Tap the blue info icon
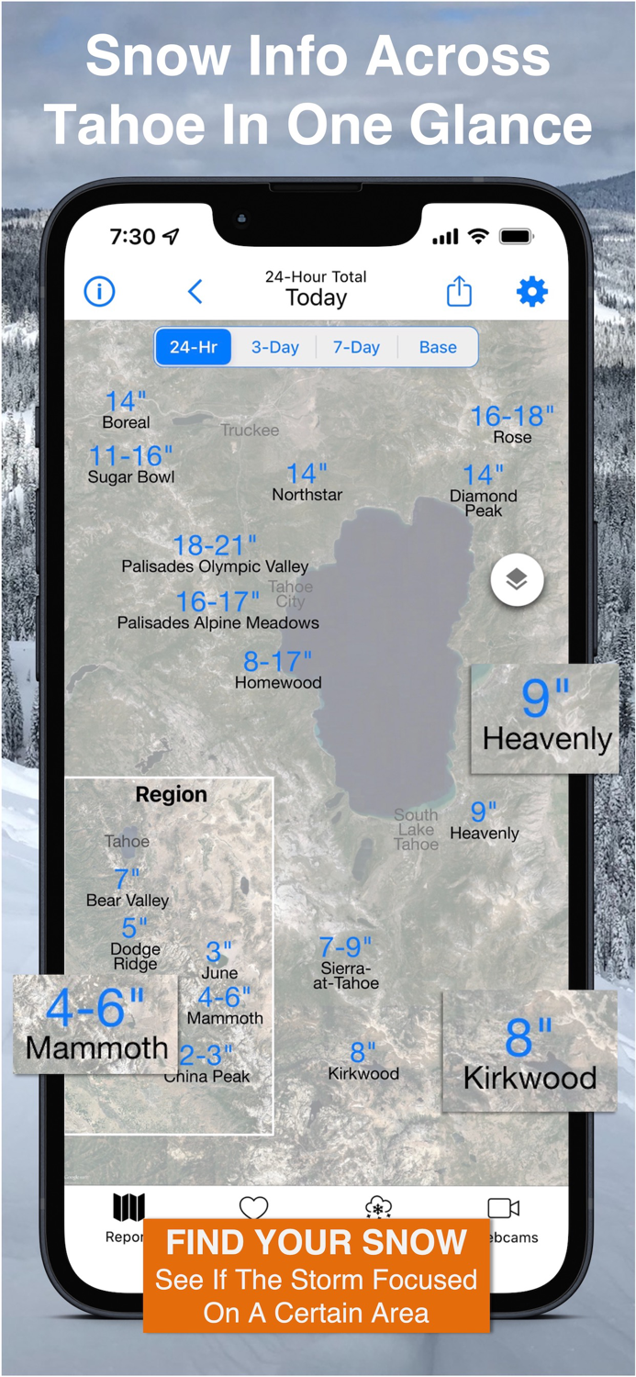[x=99, y=292]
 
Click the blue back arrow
[x=195, y=292]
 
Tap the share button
[x=459, y=292]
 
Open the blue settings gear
[x=532, y=292]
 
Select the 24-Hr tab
[x=194, y=347]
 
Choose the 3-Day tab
[x=275, y=347]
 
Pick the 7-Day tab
[x=356, y=347]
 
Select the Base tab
[x=438, y=347]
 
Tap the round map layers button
[x=517, y=580]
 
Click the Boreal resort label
[x=126, y=422]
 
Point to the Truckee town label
[x=250, y=430]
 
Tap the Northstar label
[x=307, y=494]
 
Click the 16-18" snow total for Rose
[x=512, y=417]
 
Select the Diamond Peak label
[x=484, y=503]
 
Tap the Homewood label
[x=278, y=683]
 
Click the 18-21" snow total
[x=215, y=545]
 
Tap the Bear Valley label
[x=128, y=900]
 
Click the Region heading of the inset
[x=171, y=795]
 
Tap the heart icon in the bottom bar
[x=253, y=1207]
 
